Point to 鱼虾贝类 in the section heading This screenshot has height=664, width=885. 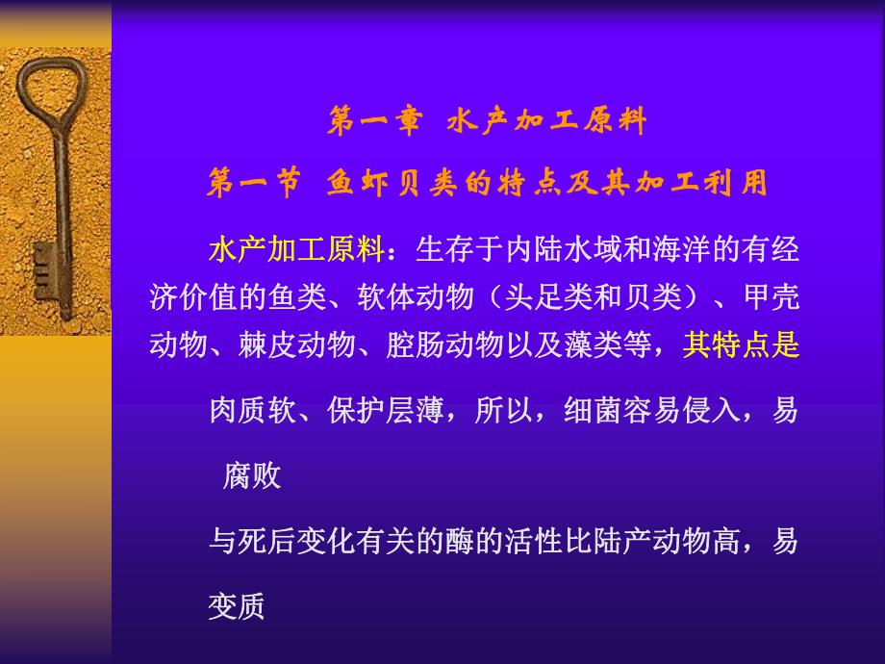393,183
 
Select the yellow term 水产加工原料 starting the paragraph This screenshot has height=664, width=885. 296,250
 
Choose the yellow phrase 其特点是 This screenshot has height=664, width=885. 741,344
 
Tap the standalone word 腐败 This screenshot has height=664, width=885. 252,476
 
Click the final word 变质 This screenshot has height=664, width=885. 237,607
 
